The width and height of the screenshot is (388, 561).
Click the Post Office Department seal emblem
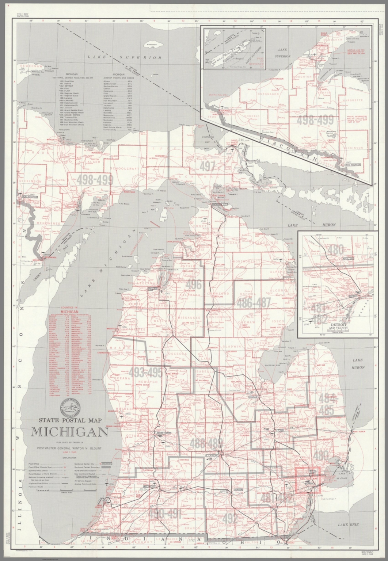[x=71, y=408]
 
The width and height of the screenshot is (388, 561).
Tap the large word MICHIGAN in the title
[x=69, y=432]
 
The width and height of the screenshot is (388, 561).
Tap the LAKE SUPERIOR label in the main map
[x=127, y=57]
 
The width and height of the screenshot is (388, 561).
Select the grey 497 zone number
[x=207, y=167]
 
